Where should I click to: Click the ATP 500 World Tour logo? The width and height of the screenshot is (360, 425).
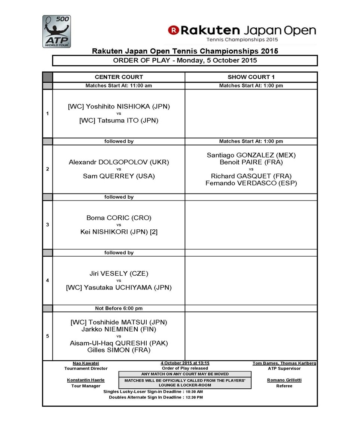pyautogui.click(x=57, y=31)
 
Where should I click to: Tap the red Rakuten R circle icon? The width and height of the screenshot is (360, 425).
pyautogui.click(x=173, y=30)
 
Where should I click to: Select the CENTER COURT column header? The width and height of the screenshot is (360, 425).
pyautogui.click(x=119, y=77)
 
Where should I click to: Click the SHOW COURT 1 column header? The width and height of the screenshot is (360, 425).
pyautogui.click(x=251, y=77)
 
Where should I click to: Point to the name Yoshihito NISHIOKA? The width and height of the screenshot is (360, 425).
pyautogui.click(x=119, y=107)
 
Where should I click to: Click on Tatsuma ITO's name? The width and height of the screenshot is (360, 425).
pyautogui.click(x=119, y=120)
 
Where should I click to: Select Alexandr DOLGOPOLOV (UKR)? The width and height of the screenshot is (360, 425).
pyautogui.click(x=119, y=162)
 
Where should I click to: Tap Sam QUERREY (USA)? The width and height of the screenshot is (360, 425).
pyautogui.click(x=119, y=176)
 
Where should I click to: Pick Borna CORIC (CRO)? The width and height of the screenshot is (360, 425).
pyautogui.click(x=119, y=218)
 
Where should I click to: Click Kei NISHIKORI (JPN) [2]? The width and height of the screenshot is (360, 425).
pyautogui.click(x=119, y=232)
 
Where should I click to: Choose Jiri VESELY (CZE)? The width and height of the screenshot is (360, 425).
pyautogui.click(x=119, y=273)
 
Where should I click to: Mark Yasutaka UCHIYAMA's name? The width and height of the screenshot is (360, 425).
pyautogui.click(x=119, y=288)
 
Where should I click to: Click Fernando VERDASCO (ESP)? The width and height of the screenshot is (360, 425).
pyautogui.click(x=251, y=183)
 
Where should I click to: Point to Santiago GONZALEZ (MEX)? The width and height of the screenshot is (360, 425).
pyautogui.click(x=251, y=155)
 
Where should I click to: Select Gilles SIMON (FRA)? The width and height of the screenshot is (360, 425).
pyautogui.click(x=119, y=350)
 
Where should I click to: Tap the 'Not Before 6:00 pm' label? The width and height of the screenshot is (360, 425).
pyautogui.click(x=119, y=309)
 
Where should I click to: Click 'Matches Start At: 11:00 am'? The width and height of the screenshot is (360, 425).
pyautogui.click(x=119, y=86)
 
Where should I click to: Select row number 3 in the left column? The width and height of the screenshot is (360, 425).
pyautogui.click(x=47, y=225)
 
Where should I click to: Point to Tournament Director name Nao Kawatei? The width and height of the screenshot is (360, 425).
pyautogui.click(x=86, y=363)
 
